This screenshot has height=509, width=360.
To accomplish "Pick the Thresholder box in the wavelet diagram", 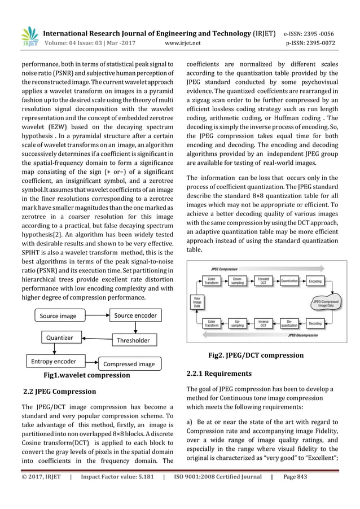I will (x=133, y=340).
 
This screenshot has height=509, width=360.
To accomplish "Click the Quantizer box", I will (x=59, y=338).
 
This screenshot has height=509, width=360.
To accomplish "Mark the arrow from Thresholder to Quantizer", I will (x=95, y=339).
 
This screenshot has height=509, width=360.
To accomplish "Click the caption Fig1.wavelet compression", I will (x=87, y=375).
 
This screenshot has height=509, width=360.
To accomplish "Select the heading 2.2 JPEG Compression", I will (x=59, y=391).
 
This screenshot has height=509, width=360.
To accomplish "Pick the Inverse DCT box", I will (x=263, y=324).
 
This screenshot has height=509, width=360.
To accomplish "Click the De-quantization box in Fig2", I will (x=289, y=324).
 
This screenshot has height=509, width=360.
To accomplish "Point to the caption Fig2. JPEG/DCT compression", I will (x=265, y=356).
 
